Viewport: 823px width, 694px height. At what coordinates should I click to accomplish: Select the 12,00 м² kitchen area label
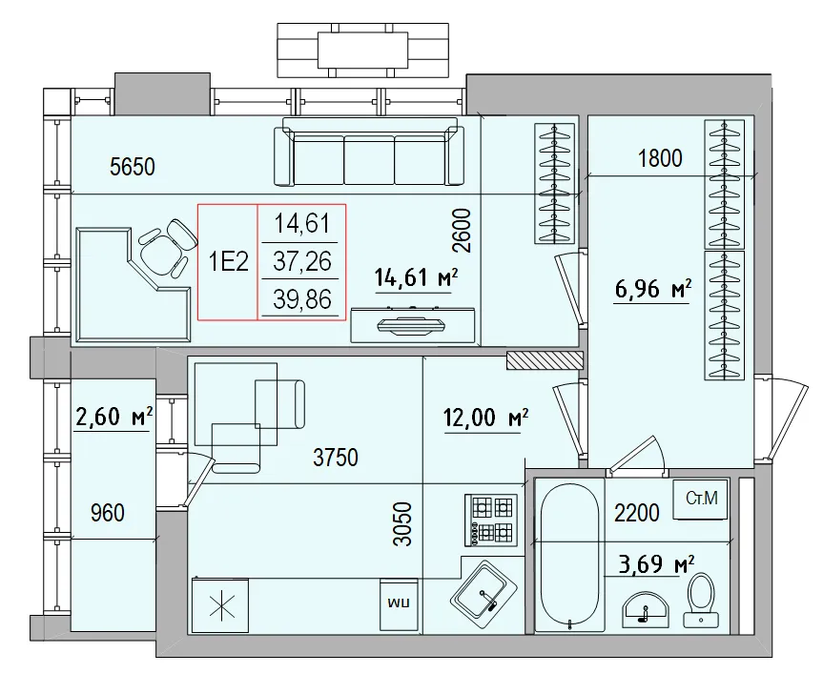(x=486, y=417)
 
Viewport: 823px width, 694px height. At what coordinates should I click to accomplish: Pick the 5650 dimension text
(x=133, y=168)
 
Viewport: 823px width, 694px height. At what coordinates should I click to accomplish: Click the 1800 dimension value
(x=659, y=158)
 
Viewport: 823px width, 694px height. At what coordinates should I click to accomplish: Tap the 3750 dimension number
(x=336, y=459)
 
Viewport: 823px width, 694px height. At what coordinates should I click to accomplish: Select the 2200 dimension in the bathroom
(x=636, y=514)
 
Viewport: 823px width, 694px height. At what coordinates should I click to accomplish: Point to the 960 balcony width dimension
(x=107, y=514)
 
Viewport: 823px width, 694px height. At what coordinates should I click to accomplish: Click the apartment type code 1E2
(x=229, y=262)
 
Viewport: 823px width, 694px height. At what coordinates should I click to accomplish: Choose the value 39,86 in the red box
(x=302, y=300)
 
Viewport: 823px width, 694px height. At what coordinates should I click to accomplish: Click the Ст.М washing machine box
(x=701, y=498)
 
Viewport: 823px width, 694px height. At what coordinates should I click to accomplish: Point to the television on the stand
(x=412, y=326)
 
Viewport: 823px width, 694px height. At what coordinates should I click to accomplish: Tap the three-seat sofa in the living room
(x=368, y=155)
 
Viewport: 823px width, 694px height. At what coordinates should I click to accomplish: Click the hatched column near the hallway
(x=545, y=359)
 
